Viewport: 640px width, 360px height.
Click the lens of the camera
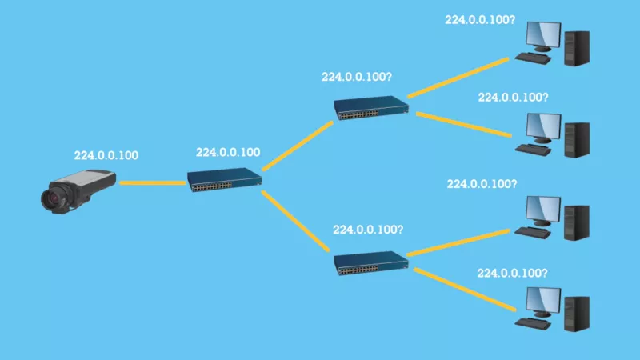tap(53, 198)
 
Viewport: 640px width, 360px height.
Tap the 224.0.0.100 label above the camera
tap(106, 155)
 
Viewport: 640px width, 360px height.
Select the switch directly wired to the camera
tap(225, 179)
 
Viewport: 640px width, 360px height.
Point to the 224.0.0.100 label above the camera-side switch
tap(228, 153)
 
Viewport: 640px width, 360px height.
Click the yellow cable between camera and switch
tap(153, 183)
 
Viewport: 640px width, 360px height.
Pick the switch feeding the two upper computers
tap(371, 107)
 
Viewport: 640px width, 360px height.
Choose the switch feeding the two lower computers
tap(371, 263)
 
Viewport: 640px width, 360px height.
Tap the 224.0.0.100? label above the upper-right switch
tap(356, 77)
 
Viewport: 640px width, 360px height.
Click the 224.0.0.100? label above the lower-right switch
tap(368, 230)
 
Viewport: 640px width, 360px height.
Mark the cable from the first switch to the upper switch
tap(298, 146)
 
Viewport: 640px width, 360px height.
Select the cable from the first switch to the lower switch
tap(295, 221)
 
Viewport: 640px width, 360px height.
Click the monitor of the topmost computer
tap(544, 36)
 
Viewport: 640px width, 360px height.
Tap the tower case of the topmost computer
tap(577, 48)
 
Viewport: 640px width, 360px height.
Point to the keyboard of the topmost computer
tap(533, 58)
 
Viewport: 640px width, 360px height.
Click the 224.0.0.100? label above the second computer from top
tap(513, 98)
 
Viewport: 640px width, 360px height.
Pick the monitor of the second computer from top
tap(544, 128)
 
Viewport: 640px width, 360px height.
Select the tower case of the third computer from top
tap(577, 223)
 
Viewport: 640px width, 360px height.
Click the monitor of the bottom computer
tap(544, 302)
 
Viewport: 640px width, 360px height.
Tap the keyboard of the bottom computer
tap(533, 324)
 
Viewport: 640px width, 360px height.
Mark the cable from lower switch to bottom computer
tap(465, 290)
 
